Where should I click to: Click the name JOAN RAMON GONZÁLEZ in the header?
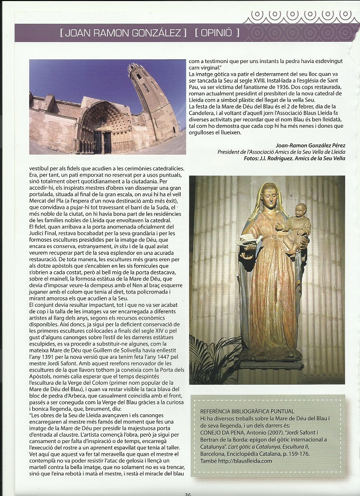(123, 33)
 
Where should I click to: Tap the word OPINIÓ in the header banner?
(217, 33)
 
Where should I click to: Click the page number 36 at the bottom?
(187, 493)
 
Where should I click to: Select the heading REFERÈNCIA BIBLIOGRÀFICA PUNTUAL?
(247, 411)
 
